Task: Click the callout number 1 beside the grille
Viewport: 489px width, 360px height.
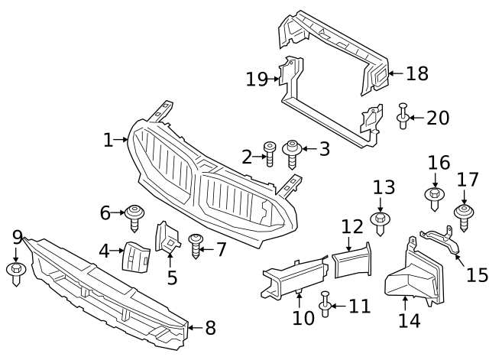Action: (108, 140)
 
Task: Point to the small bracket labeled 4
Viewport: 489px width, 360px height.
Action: (135, 255)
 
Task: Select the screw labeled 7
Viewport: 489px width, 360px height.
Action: (196, 245)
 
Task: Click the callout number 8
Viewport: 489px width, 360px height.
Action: (209, 329)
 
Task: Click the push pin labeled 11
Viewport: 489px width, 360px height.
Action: (326, 304)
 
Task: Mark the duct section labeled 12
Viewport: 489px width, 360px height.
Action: (351, 260)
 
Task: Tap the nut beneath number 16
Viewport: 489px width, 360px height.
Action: (434, 199)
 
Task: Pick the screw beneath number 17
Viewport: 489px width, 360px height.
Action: (463, 215)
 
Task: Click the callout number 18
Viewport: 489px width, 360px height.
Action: (416, 73)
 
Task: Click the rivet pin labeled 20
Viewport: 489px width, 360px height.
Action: (402, 117)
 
